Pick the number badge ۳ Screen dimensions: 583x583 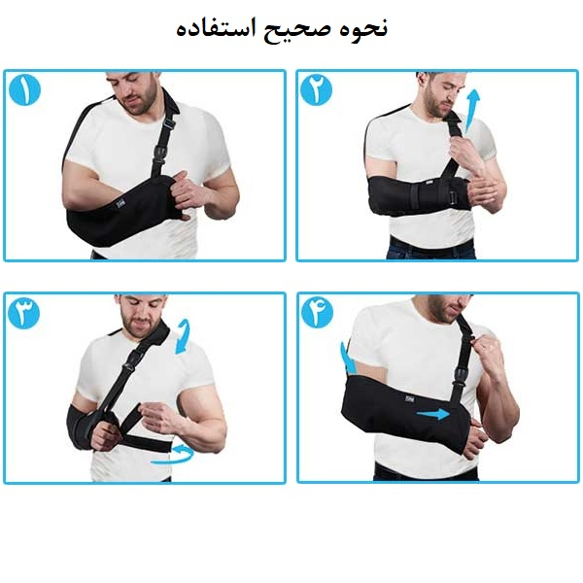point(24,313)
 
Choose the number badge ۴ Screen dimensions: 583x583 point(317,312)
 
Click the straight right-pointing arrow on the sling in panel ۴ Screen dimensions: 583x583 point(433,413)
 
